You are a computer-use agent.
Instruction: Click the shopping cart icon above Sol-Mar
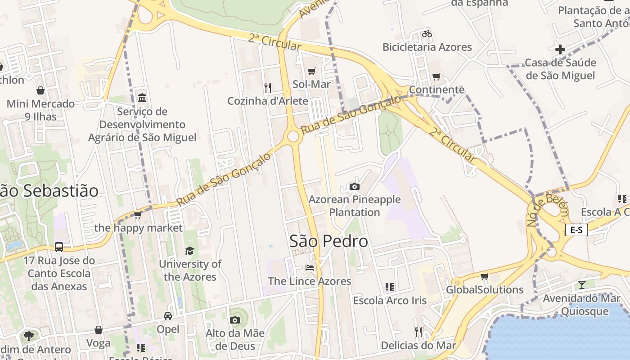tap(311, 71)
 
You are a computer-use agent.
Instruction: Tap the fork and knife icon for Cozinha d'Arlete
tap(268, 87)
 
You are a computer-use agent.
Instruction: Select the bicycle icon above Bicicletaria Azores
tap(427, 34)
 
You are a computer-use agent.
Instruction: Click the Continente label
tap(436, 90)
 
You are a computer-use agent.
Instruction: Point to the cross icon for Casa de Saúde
tap(560, 49)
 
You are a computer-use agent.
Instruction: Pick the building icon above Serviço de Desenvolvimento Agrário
tap(142, 98)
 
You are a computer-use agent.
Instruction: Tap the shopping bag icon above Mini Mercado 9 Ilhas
tap(40, 90)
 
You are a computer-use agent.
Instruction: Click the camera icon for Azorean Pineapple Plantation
tap(355, 186)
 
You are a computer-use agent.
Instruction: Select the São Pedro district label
tap(328, 241)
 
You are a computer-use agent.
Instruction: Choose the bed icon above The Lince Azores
tap(310, 268)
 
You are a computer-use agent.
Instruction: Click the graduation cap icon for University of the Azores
tap(190, 251)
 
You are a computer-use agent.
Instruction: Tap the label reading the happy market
tap(139, 228)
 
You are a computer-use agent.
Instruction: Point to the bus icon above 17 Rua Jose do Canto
tap(59, 247)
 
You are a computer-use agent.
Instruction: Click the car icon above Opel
tap(168, 316)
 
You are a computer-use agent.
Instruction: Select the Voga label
tap(99, 343)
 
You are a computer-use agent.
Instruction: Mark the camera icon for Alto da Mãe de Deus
tap(234, 320)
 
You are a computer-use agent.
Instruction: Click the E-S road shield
tap(576, 230)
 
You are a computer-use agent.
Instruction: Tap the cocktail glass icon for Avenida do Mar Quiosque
tap(582, 284)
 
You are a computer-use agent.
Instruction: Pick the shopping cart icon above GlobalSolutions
tap(484, 276)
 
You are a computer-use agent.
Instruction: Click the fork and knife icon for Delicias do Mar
tap(418, 332)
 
